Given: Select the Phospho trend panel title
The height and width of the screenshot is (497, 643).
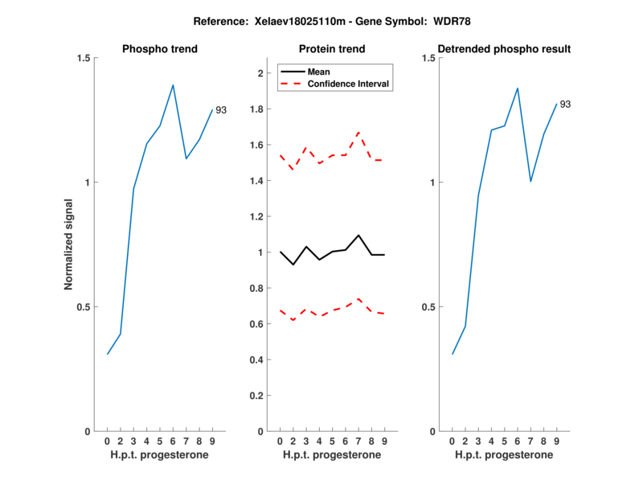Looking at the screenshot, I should [x=160, y=49].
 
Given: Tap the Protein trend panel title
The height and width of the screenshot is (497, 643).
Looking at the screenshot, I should [x=332, y=49].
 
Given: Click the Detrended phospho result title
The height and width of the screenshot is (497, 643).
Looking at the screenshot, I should [x=504, y=49].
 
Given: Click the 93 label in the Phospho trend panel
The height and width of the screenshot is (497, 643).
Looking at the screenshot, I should [x=220, y=110].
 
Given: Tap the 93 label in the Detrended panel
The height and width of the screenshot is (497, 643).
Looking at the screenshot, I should [x=565, y=105].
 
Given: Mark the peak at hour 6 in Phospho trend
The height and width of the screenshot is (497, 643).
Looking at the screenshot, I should [x=173, y=84].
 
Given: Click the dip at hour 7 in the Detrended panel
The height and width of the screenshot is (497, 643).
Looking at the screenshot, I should [x=530, y=182].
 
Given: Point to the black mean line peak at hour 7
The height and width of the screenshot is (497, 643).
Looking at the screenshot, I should [x=358, y=235].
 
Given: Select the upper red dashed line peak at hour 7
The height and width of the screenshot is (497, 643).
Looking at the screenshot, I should [x=358, y=132].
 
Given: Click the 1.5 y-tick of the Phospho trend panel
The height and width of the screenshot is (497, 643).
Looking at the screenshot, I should [x=81, y=58].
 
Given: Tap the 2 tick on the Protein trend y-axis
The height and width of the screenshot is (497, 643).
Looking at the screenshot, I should [x=260, y=73].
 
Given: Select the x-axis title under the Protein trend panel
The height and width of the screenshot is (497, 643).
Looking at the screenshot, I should [x=332, y=455].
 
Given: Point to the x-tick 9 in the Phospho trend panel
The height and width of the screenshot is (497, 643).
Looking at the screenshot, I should [x=212, y=441].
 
